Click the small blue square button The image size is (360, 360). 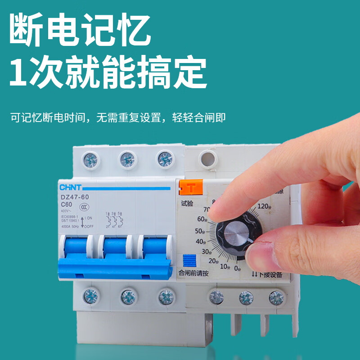(189, 261)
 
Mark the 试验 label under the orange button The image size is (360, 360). (187, 203)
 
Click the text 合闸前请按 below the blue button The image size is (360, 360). (193, 273)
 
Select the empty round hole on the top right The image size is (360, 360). (208, 158)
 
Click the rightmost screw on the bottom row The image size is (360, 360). (275, 297)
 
